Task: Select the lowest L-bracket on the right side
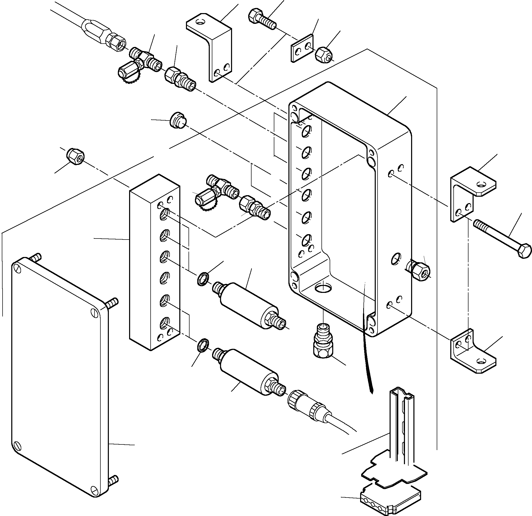(472, 353)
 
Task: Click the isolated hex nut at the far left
(76, 156)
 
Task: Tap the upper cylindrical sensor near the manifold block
(248, 304)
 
